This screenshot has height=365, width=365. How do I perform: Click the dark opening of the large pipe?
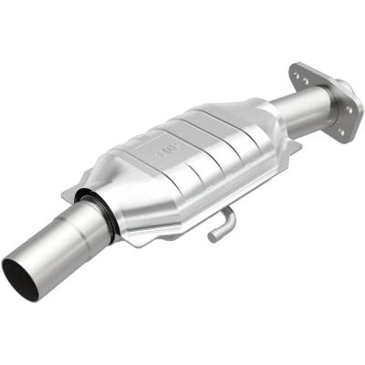[x=20, y=277]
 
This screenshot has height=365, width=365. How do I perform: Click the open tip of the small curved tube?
[x=212, y=237]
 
